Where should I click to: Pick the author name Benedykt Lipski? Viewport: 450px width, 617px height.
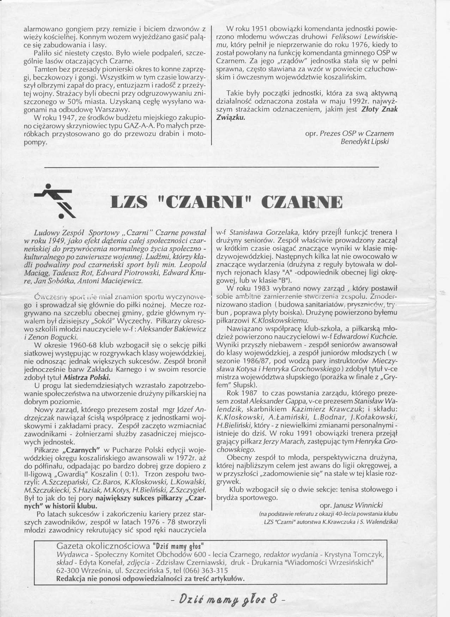[x=367, y=142]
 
